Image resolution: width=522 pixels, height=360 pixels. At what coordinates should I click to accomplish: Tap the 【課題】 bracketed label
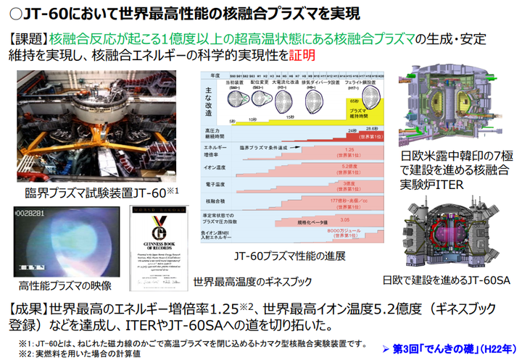(x=28, y=38)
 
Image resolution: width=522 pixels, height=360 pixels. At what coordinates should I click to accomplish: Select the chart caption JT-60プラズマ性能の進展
(x=295, y=256)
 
